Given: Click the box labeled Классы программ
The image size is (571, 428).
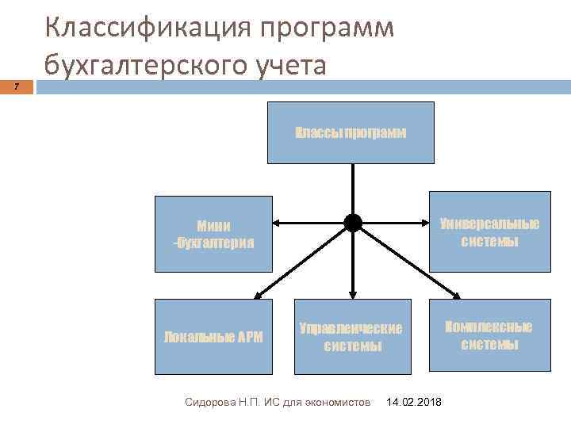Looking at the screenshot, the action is pyautogui.click(x=351, y=132).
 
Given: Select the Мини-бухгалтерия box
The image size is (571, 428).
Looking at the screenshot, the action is pyautogui.click(x=213, y=233).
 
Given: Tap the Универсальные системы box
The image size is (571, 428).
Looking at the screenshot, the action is pyautogui.click(x=489, y=231).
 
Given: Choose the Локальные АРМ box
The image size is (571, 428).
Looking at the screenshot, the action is pyautogui.click(x=213, y=337).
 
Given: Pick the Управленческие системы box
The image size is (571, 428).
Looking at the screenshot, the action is pyautogui.click(x=352, y=337).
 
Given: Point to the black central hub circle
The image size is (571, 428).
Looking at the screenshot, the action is pyautogui.click(x=353, y=224).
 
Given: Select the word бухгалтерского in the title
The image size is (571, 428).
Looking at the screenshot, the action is pyautogui.click(x=147, y=65).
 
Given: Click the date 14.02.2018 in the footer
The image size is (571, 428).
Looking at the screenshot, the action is pyautogui.click(x=414, y=403).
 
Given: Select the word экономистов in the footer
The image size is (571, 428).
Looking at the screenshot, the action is pyautogui.click(x=337, y=403).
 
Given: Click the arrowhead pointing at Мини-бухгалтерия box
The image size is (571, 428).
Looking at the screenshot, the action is pyautogui.click(x=277, y=224).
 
